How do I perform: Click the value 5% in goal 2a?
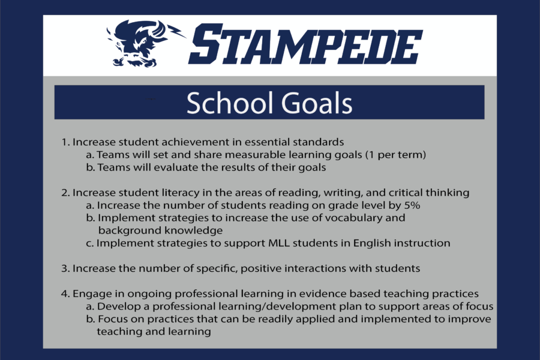(x=412, y=205)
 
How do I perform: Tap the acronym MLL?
(x=279, y=243)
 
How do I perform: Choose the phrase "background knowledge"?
(x=160, y=230)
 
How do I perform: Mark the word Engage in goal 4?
(x=91, y=294)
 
